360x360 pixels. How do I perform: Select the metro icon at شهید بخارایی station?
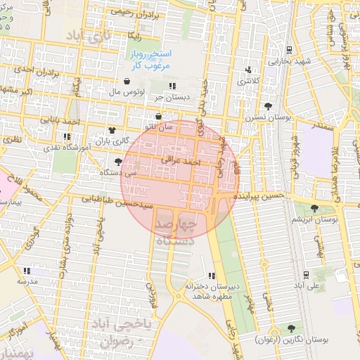(x=290, y=50)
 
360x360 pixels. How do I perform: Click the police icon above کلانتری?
(x=248, y=70)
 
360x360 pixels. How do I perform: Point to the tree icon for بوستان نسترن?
(x=268, y=106)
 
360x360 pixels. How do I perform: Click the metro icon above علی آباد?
(x=305, y=275)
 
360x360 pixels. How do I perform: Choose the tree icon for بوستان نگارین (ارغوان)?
(x=290, y=328)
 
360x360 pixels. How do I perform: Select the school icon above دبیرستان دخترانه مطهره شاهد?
(x=212, y=276)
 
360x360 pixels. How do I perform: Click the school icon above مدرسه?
(x=26, y=270)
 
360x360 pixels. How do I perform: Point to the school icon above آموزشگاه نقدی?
(x=67, y=136)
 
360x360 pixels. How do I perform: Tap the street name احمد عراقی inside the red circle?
(x=181, y=161)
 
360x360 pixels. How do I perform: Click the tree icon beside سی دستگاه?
(x=117, y=162)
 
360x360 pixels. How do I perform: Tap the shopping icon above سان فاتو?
(x=158, y=116)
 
